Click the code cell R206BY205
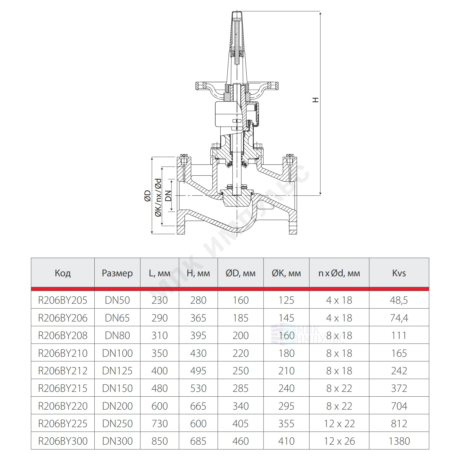click(63, 300)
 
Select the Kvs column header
click(399, 273)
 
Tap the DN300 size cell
click(117, 441)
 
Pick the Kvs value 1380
click(399, 441)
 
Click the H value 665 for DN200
click(198, 406)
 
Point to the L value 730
click(160, 423)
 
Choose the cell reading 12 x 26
click(339, 441)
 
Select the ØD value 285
click(241, 388)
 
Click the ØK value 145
click(286, 318)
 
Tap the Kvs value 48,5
click(399, 300)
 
